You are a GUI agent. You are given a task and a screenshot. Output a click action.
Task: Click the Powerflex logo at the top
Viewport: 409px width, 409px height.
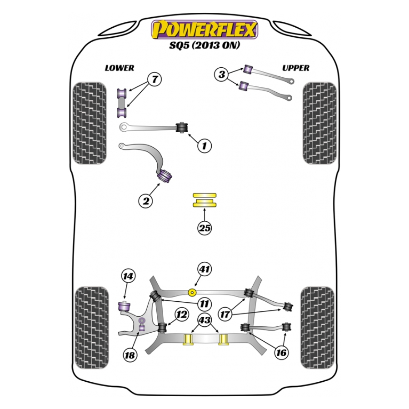204,30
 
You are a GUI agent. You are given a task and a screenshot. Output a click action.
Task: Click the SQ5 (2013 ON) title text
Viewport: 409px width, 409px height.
204,45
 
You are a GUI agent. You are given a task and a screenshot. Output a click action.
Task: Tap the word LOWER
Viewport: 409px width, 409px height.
120,68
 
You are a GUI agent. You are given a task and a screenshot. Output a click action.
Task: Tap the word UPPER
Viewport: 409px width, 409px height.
296,68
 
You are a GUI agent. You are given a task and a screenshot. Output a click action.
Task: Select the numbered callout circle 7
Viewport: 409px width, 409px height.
155,79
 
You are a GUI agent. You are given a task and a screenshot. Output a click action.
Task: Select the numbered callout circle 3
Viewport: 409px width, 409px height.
221,75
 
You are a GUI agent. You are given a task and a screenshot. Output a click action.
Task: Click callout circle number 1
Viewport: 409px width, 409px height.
204,146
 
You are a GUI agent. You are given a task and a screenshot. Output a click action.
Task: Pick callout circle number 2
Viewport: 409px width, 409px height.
145,201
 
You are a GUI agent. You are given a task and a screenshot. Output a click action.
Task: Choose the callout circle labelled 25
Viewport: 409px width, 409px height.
204,228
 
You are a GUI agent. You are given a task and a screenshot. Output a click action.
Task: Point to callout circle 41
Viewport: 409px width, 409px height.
204,269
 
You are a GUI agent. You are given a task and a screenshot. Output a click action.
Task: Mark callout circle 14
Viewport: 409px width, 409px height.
128,276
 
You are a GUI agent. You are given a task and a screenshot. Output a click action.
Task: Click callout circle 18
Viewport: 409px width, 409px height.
130,355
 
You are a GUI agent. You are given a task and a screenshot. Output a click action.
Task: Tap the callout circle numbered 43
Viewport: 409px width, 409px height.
205,320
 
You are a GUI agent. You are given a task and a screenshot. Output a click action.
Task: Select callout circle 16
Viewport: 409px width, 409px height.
281,353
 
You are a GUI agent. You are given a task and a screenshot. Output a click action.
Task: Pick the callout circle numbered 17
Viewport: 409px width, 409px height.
225,314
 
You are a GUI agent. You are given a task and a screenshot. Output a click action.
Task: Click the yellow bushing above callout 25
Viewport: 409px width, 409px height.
204,200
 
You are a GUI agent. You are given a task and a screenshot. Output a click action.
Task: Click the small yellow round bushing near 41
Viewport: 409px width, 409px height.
193,293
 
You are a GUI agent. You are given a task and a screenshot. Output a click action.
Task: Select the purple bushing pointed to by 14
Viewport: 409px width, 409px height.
125,306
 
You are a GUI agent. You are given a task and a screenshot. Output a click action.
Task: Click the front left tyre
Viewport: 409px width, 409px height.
90,123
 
